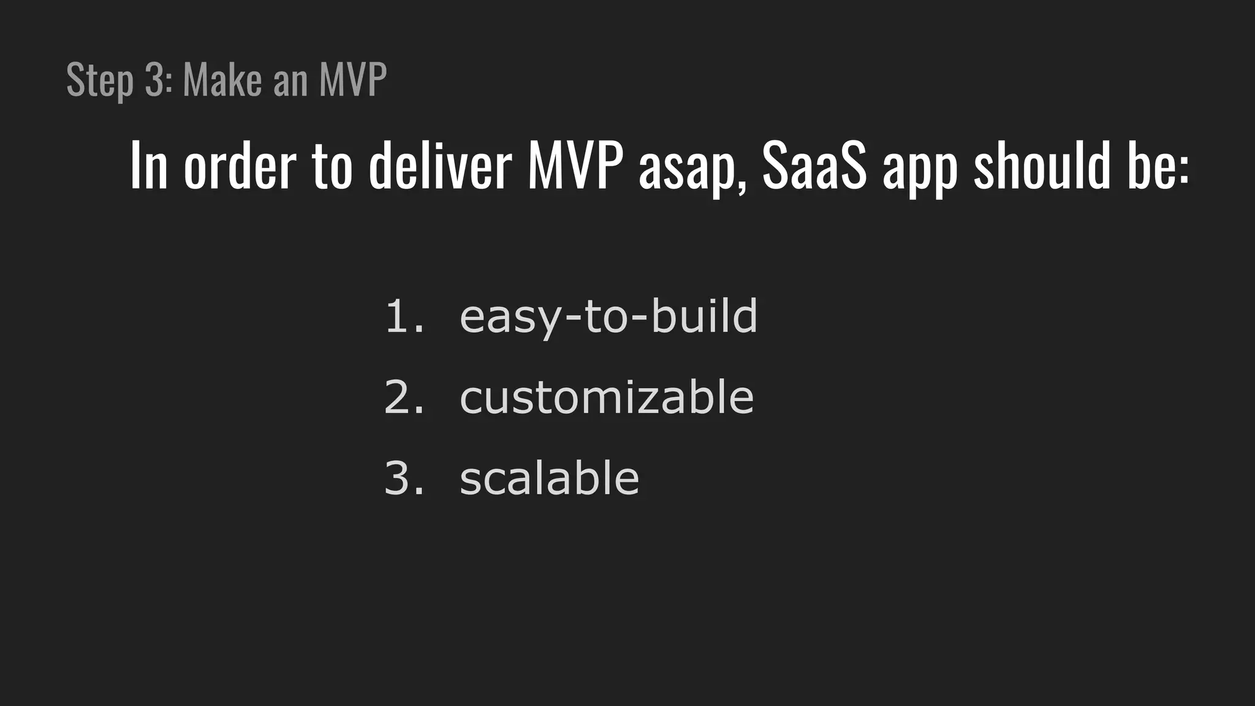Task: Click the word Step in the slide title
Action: click(99, 80)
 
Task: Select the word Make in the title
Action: click(222, 79)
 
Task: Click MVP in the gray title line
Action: click(353, 79)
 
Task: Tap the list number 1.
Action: click(403, 317)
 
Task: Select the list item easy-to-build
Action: click(609, 317)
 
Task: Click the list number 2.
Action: click(403, 398)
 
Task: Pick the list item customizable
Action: click(607, 398)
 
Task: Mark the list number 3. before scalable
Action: click(403, 479)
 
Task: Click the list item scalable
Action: click(549, 479)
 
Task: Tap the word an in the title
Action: click(290, 80)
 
